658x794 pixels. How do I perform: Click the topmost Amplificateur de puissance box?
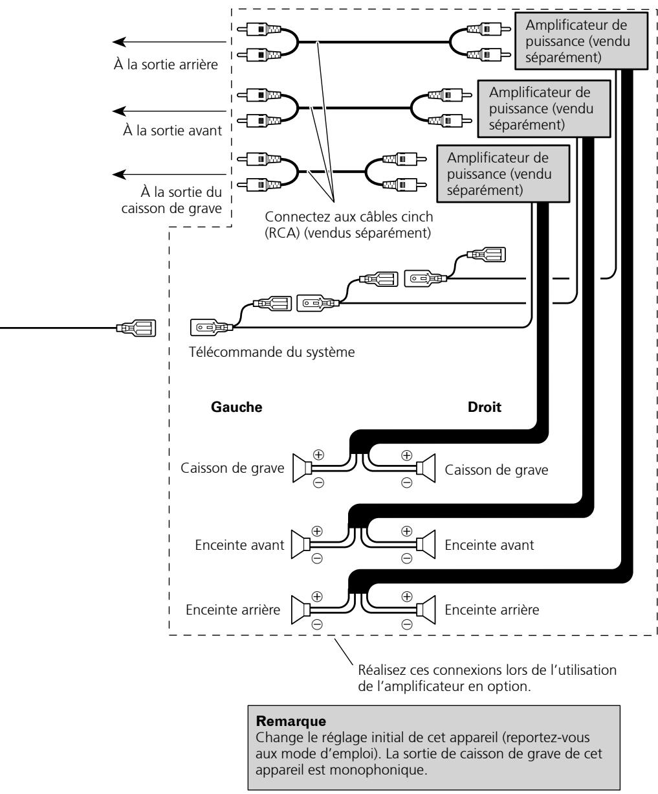pyautogui.click(x=581, y=41)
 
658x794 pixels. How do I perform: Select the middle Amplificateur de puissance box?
pyautogui.click(x=543, y=108)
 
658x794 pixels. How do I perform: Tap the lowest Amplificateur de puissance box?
pyautogui.click(x=503, y=174)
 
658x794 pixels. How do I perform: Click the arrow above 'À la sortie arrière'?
pyautogui.click(x=169, y=41)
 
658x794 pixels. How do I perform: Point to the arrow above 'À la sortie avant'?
pyautogui.click(x=169, y=111)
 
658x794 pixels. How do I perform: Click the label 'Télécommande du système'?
pyautogui.click(x=272, y=352)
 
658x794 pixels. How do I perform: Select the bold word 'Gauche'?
pyautogui.click(x=236, y=407)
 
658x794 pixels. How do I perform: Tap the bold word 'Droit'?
pyautogui.click(x=485, y=407)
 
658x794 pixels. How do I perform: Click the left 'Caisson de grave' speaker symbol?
pyautogui.click(x=302, y=468)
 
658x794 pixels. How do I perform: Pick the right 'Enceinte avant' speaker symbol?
pyautogui.click(x=426, y=545)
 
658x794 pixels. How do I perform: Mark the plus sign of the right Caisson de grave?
pyautogui.click(x=406, y=455)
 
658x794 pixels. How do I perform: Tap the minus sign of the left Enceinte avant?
pyautogui.click(x=317, y=558)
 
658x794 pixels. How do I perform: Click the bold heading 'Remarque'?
pyautogui.click(x=291, y=721)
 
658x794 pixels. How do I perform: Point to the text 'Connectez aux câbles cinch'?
pyautogui.click(x=349, y=216)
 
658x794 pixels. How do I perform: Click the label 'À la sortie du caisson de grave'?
pyautogui.click(x=171, y=200)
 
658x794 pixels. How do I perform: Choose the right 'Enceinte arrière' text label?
pyautogui.click(x=492, y=609)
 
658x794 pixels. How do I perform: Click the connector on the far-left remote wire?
pyautogui.click(x=136, y=328)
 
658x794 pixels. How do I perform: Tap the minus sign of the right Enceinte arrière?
pyautogui.click(x=406, y=624)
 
